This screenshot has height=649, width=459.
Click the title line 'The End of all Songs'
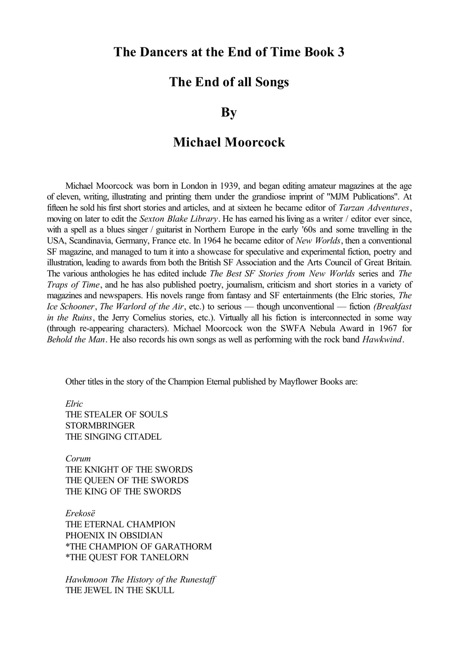[229, 82]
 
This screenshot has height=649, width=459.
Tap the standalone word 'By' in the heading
[229, 112]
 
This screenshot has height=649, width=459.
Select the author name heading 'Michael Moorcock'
[229, 142]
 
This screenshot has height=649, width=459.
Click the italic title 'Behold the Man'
[76, 340]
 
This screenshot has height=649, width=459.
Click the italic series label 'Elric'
[74, 404]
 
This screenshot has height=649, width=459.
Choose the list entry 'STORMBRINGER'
[100, 426]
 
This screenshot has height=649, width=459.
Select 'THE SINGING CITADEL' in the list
[113, 437]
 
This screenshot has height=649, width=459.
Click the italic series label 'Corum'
[78, 459]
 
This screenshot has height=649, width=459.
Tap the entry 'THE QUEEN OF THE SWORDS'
[127, 481]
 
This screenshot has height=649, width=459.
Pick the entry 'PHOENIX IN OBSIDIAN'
[114, 535]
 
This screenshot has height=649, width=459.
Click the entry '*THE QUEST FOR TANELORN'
[127, 557]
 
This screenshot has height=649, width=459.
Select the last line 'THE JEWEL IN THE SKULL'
[120, 590]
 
